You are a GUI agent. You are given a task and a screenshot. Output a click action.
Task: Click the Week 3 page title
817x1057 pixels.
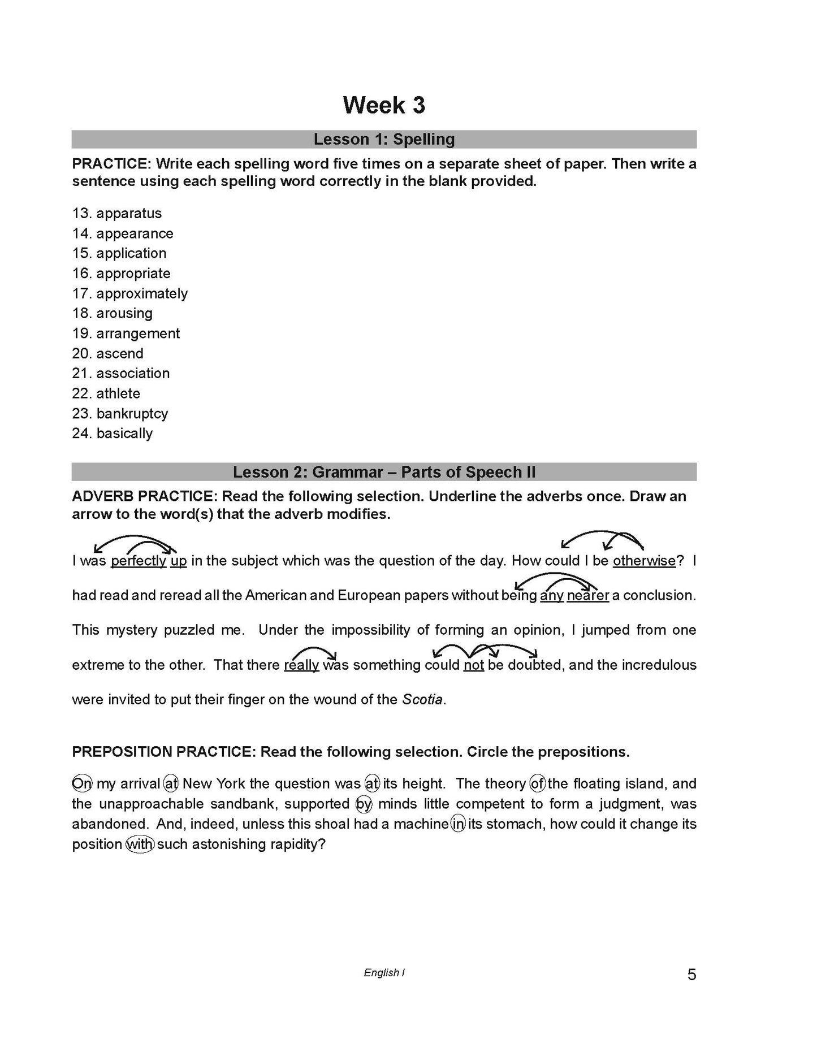click(384, 106)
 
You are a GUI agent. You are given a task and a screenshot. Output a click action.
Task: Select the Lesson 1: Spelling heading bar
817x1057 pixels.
click(384, 139)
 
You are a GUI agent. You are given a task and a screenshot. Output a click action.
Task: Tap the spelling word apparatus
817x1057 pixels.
click(129, 214)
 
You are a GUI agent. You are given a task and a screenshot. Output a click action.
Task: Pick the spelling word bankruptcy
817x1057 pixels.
click(132, 414)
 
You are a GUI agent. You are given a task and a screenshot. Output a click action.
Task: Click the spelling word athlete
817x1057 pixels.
click(118, 393)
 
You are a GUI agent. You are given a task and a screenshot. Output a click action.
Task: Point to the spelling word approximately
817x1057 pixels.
click(142, 294)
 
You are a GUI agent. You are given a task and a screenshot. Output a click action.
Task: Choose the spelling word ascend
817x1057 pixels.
click(120, 354)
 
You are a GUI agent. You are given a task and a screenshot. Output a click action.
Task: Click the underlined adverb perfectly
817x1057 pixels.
click(139, 561)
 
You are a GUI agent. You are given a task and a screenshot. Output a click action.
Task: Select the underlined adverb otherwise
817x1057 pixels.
click(644, 561)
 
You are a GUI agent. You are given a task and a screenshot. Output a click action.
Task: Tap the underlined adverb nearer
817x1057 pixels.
click(588, 595)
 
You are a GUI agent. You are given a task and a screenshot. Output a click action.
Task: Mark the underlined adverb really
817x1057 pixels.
click(301, 665)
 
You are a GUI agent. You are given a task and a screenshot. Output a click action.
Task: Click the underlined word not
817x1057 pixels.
click(474, 665)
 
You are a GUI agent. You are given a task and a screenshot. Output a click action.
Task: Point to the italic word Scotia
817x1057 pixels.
click(422, 699)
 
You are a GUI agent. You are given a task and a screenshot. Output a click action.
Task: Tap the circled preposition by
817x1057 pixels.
click(364, 804)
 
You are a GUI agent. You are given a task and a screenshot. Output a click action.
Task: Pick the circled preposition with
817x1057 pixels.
click(140, 844)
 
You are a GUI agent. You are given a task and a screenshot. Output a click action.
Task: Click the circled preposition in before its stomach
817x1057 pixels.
click(458, 824)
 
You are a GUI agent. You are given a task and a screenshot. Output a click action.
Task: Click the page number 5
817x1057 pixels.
click(691, 975)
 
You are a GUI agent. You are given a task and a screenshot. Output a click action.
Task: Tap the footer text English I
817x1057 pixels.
click(384, 973)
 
